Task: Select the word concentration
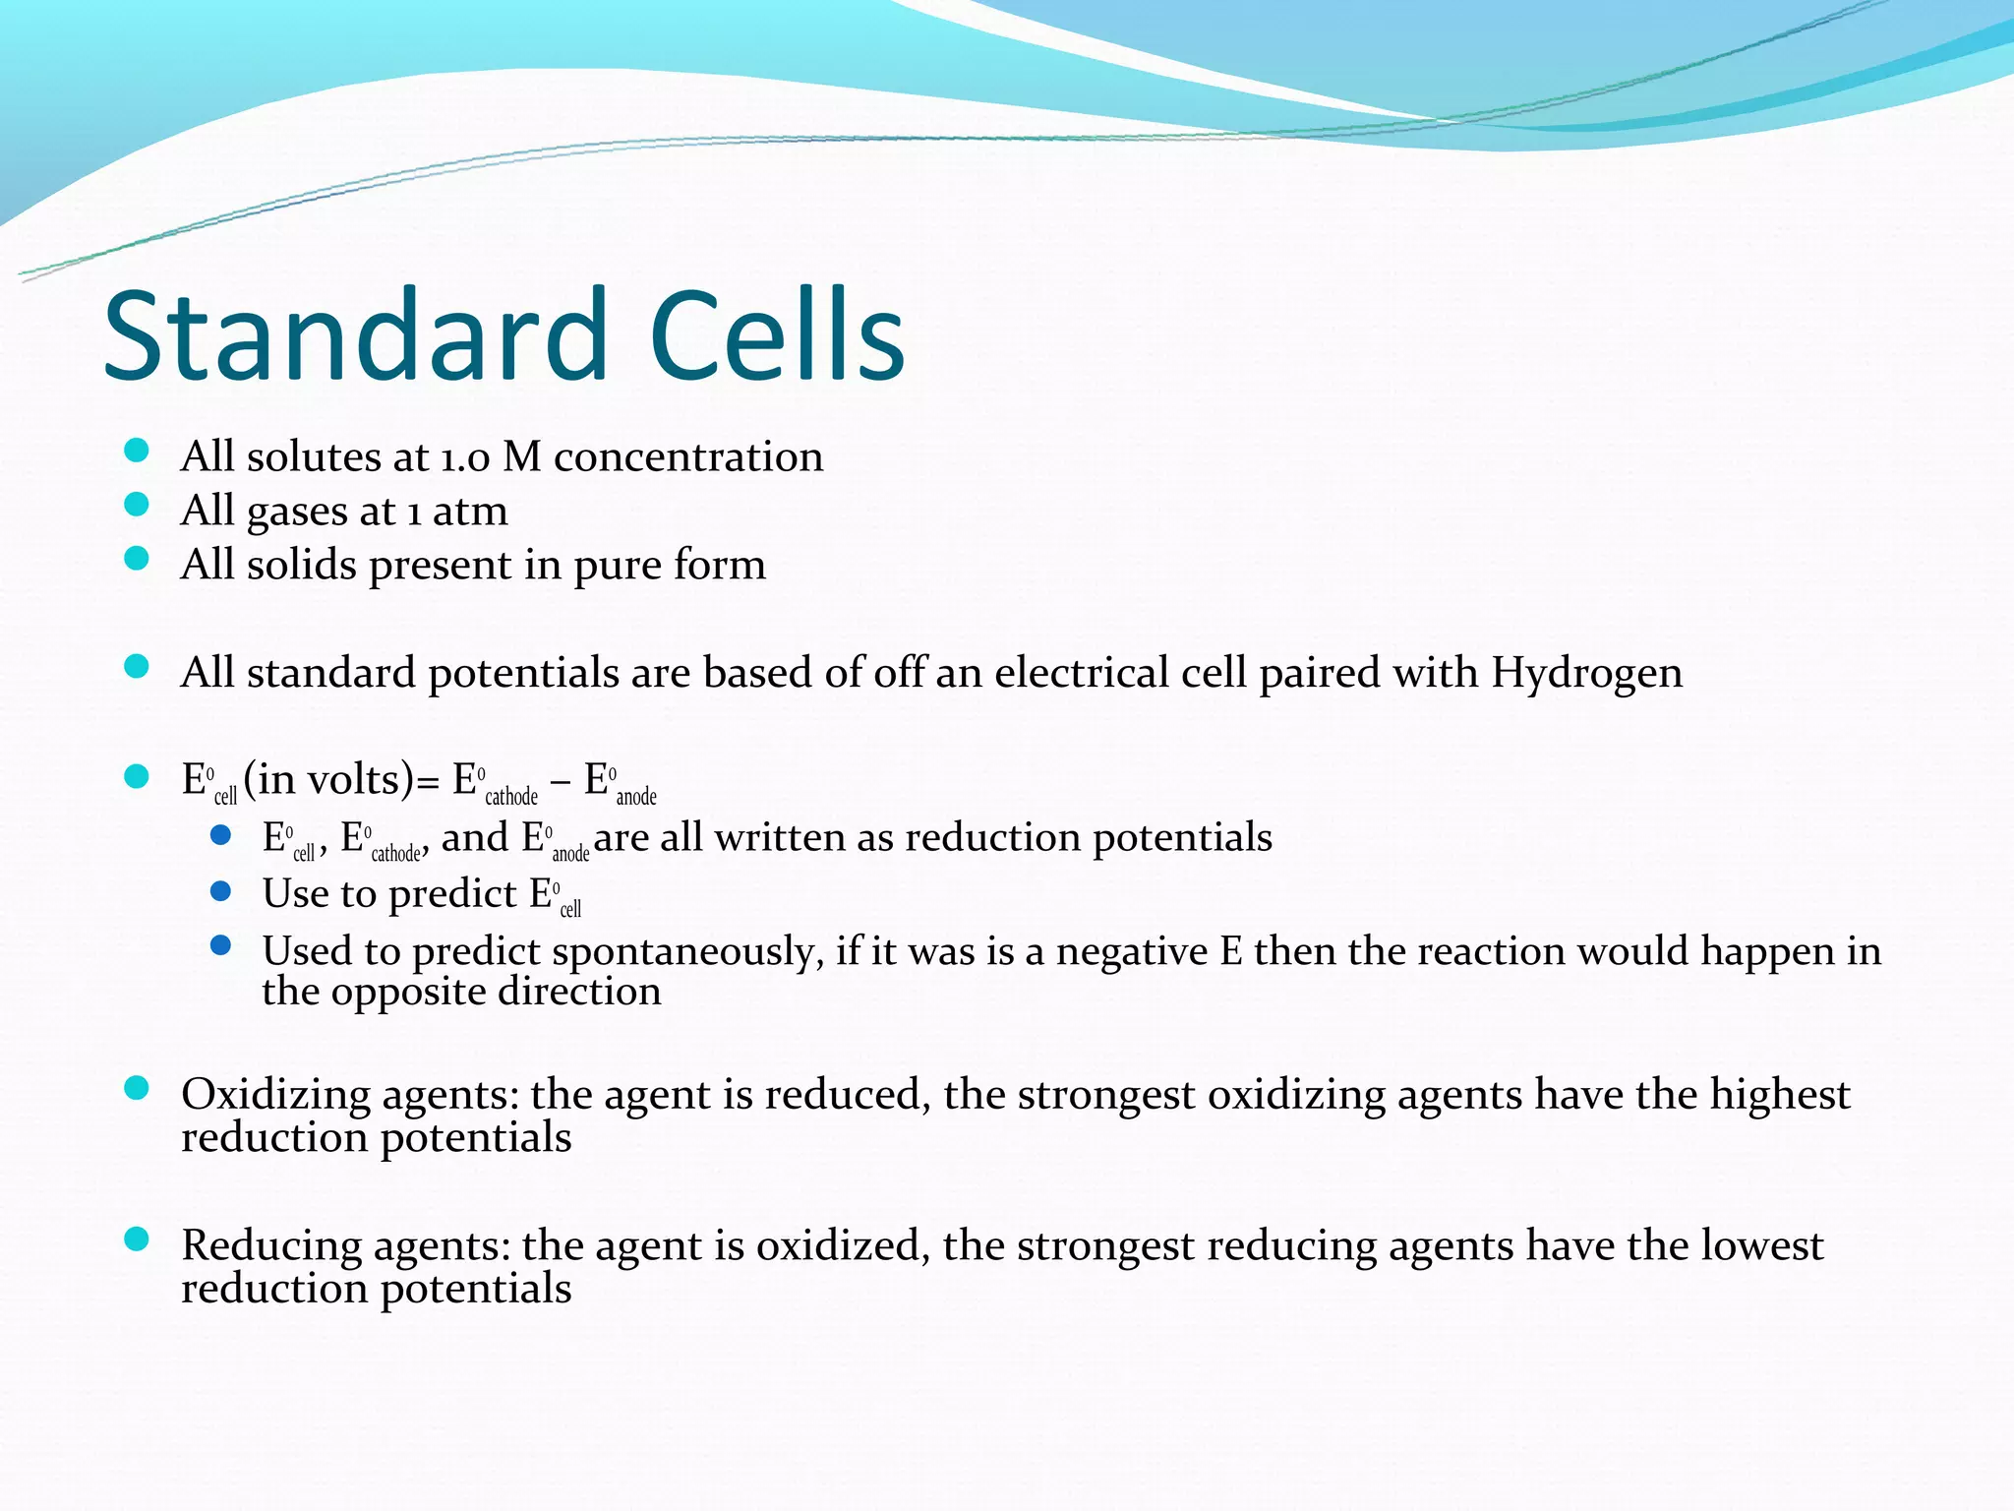pos(688,457)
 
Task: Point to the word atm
pos(470,512)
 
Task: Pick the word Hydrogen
pos(1586,674)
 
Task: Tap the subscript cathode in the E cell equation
pos(511,796)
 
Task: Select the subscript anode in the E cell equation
pos(636,796)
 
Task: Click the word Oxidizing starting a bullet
pos(275,1095)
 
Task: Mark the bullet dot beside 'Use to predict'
pos(221,891)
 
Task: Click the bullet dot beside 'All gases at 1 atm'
pos(137,505)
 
